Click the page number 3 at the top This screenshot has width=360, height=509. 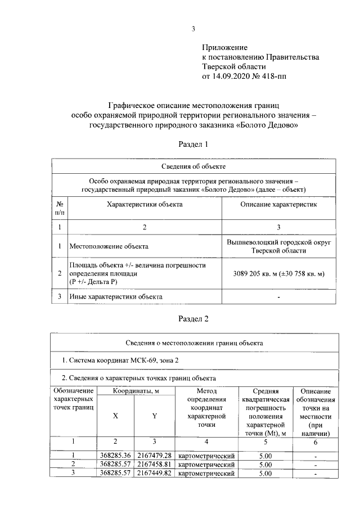pos(193,29)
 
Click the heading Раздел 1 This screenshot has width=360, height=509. pos(193,145)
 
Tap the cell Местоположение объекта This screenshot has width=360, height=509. pos(109,246)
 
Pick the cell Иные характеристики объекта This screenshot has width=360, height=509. pos(116,296)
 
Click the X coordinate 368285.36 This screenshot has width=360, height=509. pos(115,454)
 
